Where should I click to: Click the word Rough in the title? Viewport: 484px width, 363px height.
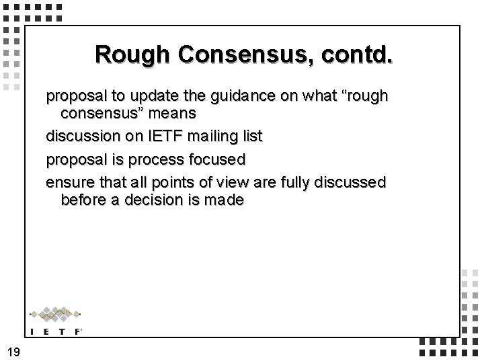pos(134,54)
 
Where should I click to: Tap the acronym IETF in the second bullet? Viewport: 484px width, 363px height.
pos(155,137)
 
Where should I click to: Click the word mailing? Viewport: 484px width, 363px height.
pos(210,137)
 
